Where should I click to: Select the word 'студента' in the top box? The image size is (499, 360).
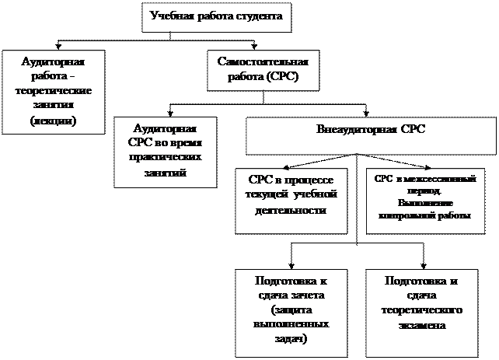[x=252, y=15]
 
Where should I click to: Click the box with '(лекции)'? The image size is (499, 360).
[x=48, y=91]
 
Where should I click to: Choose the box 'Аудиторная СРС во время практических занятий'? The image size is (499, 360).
[x=166, y=152]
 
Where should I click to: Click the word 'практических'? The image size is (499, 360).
[x=166, y=156]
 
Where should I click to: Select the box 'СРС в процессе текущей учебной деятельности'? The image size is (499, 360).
[x=290, y=198]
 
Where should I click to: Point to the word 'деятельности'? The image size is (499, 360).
[x=290, y=210]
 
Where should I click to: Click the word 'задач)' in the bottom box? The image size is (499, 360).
[x=291, y=338]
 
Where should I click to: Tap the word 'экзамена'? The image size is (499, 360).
[x=423, y=325]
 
